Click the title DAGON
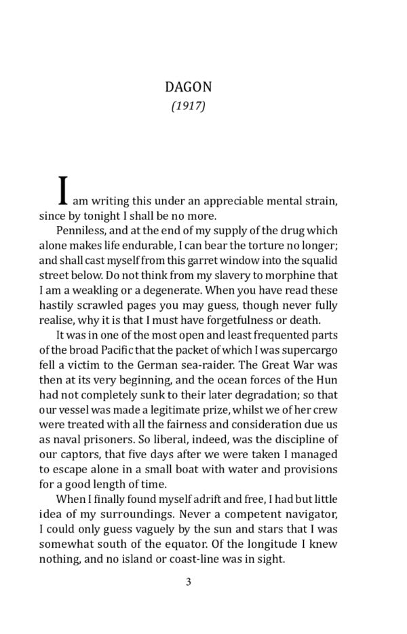tap(188, 87)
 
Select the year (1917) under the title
tap(188, 106)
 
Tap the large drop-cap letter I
tap(63, 191)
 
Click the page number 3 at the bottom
tap(189, 581)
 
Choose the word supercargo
tap(309, 350)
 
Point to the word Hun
tap(327, 380)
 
